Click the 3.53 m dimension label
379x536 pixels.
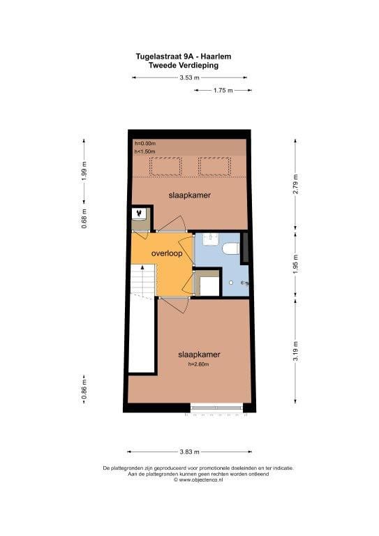[x=189, y=77]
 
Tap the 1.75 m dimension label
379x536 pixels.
[x=223, y=91]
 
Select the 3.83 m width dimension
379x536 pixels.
[x=189, y=452]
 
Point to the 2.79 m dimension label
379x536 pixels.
[x=296, y=184]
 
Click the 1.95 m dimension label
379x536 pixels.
[x=296, y=264]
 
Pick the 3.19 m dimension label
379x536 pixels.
[x=296, y=351]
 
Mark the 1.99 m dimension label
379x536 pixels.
[x=84, y=171]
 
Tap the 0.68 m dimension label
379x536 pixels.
[x=84, y=218]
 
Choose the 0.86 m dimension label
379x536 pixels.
[x=84, y=389]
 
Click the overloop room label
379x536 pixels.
[x=167, y=253]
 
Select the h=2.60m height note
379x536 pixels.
[x=198, y=364]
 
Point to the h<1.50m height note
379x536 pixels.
[x=145, y=151]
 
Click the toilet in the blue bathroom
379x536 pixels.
[x=231, y=248]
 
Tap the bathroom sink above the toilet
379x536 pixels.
[x=211, y=239]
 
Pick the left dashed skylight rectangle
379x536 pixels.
[x=165, y=166]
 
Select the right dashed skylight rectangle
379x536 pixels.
[x=215, y=166]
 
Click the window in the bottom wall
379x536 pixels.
[x=216, y=408]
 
